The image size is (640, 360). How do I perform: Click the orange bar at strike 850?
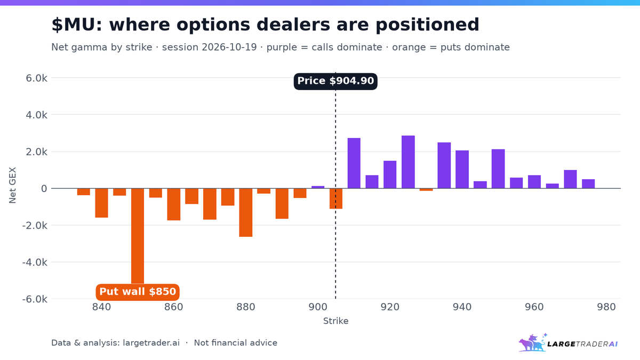coord(138,236)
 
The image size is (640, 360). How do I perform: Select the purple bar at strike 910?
coord(354,163)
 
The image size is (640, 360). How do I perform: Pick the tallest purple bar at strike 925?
coord(408,162)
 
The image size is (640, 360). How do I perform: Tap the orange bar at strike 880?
coord(246,213)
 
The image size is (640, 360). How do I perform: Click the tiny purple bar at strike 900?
coord(318,187)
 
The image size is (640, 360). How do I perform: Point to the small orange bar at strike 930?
coord(426,189)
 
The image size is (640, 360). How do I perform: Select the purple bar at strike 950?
coord(498,169)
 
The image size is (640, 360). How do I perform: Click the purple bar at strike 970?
coord(570,179)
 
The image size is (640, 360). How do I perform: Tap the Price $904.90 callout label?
coord(335,81)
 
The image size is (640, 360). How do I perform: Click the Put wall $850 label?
coord(138,292)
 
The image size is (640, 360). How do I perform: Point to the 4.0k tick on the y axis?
coord(36,115)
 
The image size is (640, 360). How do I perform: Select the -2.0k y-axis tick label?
coord(35,226)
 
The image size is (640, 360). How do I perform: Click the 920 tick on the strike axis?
coord(390,307)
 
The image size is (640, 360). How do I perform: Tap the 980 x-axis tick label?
coord(606,307)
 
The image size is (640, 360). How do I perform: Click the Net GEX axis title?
coord(13,185)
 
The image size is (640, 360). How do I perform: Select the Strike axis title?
coord(335,321)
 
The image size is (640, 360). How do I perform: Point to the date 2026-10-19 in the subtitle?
coord(229,47)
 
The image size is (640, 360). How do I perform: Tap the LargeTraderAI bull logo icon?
coord(533,342)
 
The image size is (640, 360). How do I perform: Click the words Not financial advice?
coord(235,343)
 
